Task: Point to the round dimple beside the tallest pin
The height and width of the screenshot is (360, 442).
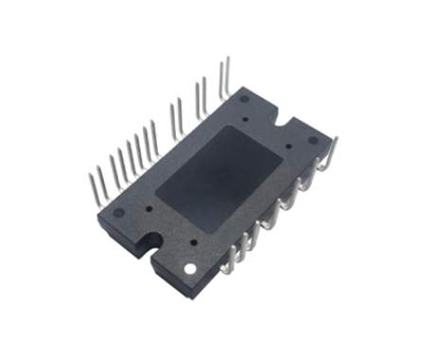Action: coord(244,97)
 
